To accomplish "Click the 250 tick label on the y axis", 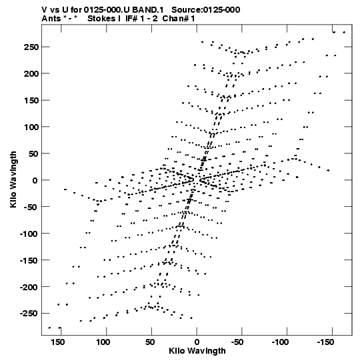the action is (31, 47).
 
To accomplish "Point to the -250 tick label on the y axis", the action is (29, 314).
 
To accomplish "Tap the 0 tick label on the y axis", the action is (35, 180).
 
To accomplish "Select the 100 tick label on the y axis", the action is (31, 127).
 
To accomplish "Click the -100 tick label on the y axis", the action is (29, 234).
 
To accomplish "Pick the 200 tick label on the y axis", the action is (31, 73).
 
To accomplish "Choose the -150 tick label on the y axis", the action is (29, 260).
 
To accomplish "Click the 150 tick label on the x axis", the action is (58, 342).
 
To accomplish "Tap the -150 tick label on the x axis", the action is (325, 342).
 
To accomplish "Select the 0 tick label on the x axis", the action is (197, 342).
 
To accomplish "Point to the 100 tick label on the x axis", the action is (103, 342).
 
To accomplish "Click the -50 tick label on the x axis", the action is (237, 342).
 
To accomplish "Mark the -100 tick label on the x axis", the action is (280, 342).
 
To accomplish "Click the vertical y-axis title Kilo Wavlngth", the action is (13, 179).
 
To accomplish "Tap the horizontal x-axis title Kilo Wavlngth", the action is (197, 351).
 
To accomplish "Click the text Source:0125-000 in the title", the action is (206, 10).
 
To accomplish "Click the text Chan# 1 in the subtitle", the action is (179, 19).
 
